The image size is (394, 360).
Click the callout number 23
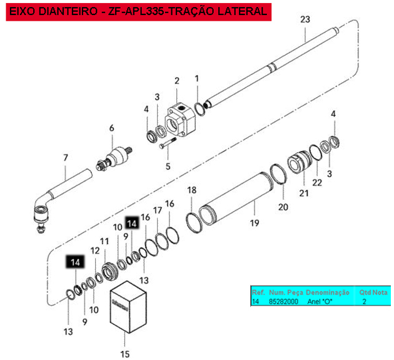(305, 19)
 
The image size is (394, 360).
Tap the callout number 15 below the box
(125, 354)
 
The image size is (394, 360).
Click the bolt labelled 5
(168, 143)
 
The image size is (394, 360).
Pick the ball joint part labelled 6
(115, 158)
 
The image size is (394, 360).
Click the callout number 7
(66, 158)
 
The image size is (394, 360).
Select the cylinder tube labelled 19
(236, 198)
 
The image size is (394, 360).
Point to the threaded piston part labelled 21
(300, 162)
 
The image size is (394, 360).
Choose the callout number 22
(317, 182)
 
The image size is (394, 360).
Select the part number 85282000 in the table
(283, 301)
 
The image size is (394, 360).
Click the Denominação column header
(328, 292)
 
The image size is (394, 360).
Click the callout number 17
(158, 210)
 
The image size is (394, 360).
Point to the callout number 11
(104, 241)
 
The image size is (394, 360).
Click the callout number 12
(95, 250)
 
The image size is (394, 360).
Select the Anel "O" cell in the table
(320, 301)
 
